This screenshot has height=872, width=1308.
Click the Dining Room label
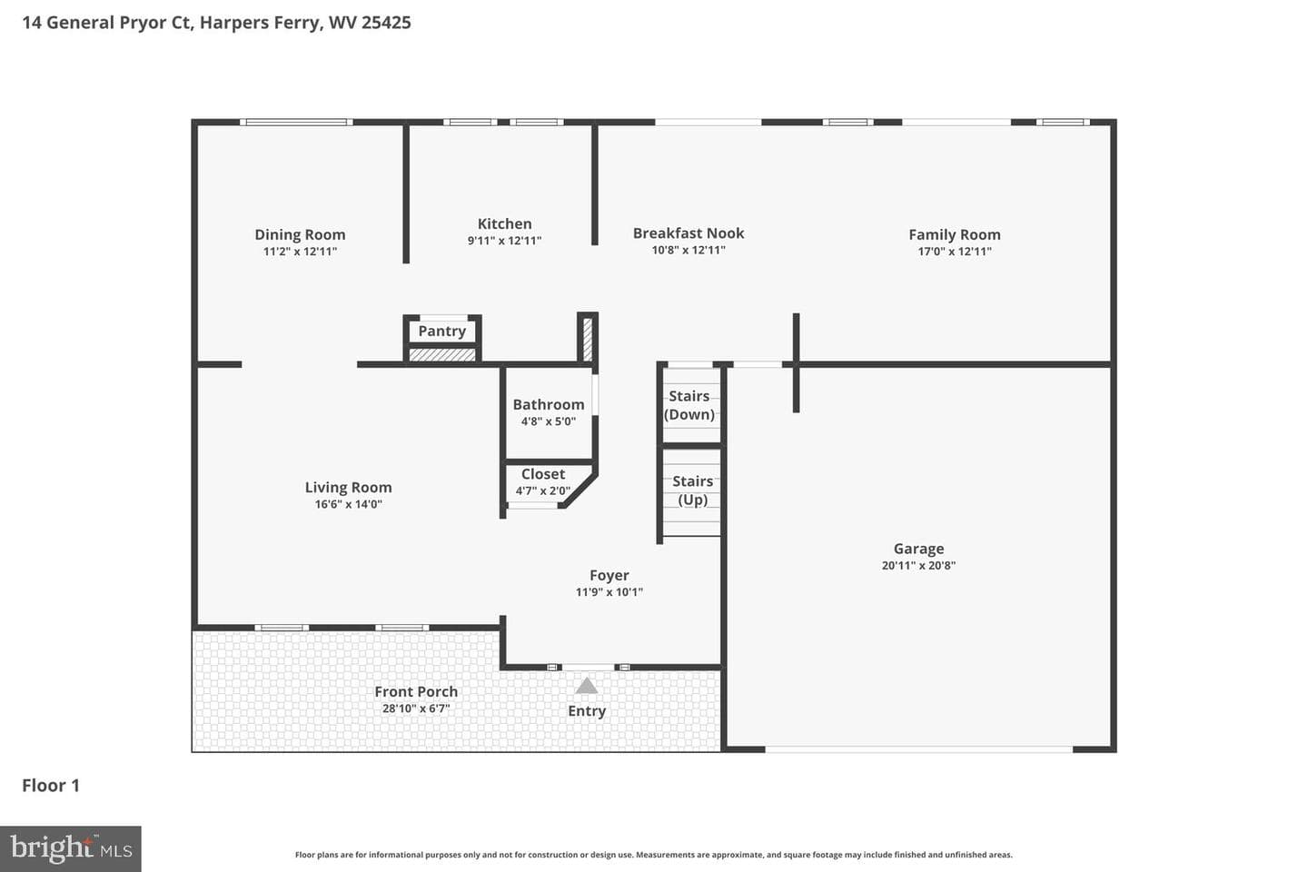point(300,234)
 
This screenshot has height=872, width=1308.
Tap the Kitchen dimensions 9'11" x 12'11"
point(504,241)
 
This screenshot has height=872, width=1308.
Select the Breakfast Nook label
point(689,233)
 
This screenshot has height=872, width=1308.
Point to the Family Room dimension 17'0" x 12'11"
point(955,252)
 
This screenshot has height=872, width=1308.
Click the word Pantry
point(442,332)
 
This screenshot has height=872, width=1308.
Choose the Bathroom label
point(549,404)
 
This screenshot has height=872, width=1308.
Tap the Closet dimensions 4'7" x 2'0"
point(542,490)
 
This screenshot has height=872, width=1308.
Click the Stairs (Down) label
point(689,405)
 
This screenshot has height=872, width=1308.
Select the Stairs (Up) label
point(692,490)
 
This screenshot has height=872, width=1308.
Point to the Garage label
point(918,549)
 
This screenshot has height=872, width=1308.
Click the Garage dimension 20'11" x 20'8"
point(918,565)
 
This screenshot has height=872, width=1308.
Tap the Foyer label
point(609,576)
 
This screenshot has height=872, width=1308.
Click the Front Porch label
point(416,692)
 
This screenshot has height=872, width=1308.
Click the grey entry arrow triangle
point(586,686)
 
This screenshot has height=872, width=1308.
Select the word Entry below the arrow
point(587,711)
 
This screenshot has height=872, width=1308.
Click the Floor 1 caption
point(51,786)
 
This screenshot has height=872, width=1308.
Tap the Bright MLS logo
point(71,848)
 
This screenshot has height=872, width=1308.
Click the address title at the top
point(216,23)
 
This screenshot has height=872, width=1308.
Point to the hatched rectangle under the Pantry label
point(442,354)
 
